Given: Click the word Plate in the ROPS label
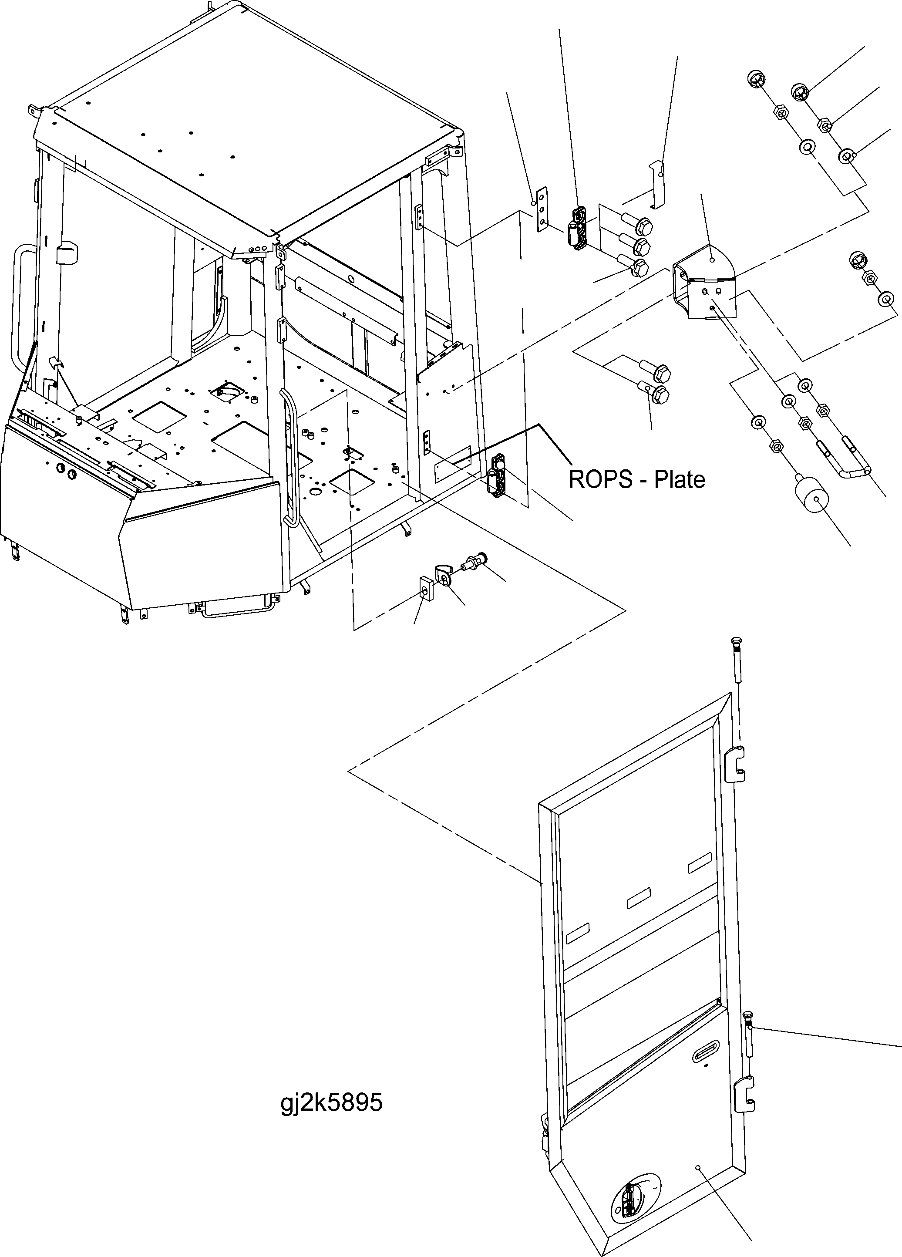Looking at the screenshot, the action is pyautogui.click(x=679, y=479).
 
